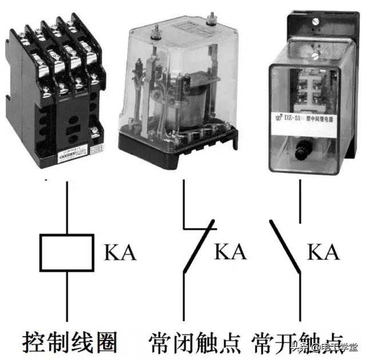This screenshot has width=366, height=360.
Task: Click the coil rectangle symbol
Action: pyautogui.click(x=66, y=252)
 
